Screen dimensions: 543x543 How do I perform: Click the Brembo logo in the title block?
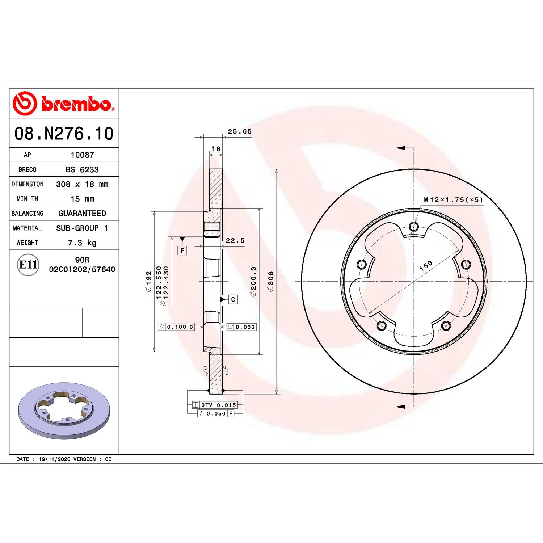(64, 104)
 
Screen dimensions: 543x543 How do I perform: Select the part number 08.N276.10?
(64, 134)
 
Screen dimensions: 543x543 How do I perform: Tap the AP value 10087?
(82, 155)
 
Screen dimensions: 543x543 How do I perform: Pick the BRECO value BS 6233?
(82, 169)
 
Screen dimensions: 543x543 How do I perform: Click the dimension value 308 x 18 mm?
(82, 184)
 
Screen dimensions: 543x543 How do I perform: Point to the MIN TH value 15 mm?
(82, 199)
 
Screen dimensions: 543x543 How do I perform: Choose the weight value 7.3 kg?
(82, 243)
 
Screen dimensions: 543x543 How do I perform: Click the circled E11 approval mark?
(28, 265)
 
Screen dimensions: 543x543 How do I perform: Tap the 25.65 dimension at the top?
(239, 132)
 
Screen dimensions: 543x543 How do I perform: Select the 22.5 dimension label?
(235, 240)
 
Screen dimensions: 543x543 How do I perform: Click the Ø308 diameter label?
(270, 281)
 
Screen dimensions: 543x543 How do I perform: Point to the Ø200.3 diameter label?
(253, 281)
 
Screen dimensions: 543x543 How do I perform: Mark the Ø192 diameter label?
(148, 281)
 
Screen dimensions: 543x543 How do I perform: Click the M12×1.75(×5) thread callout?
(453, 200)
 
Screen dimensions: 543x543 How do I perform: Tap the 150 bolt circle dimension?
(426, 266)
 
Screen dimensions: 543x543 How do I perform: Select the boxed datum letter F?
(182, 251)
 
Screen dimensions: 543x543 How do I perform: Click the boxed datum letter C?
(233, 299)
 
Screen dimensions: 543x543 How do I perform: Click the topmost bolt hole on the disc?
(414, 227)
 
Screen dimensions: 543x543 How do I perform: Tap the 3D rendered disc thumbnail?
(64, 411)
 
